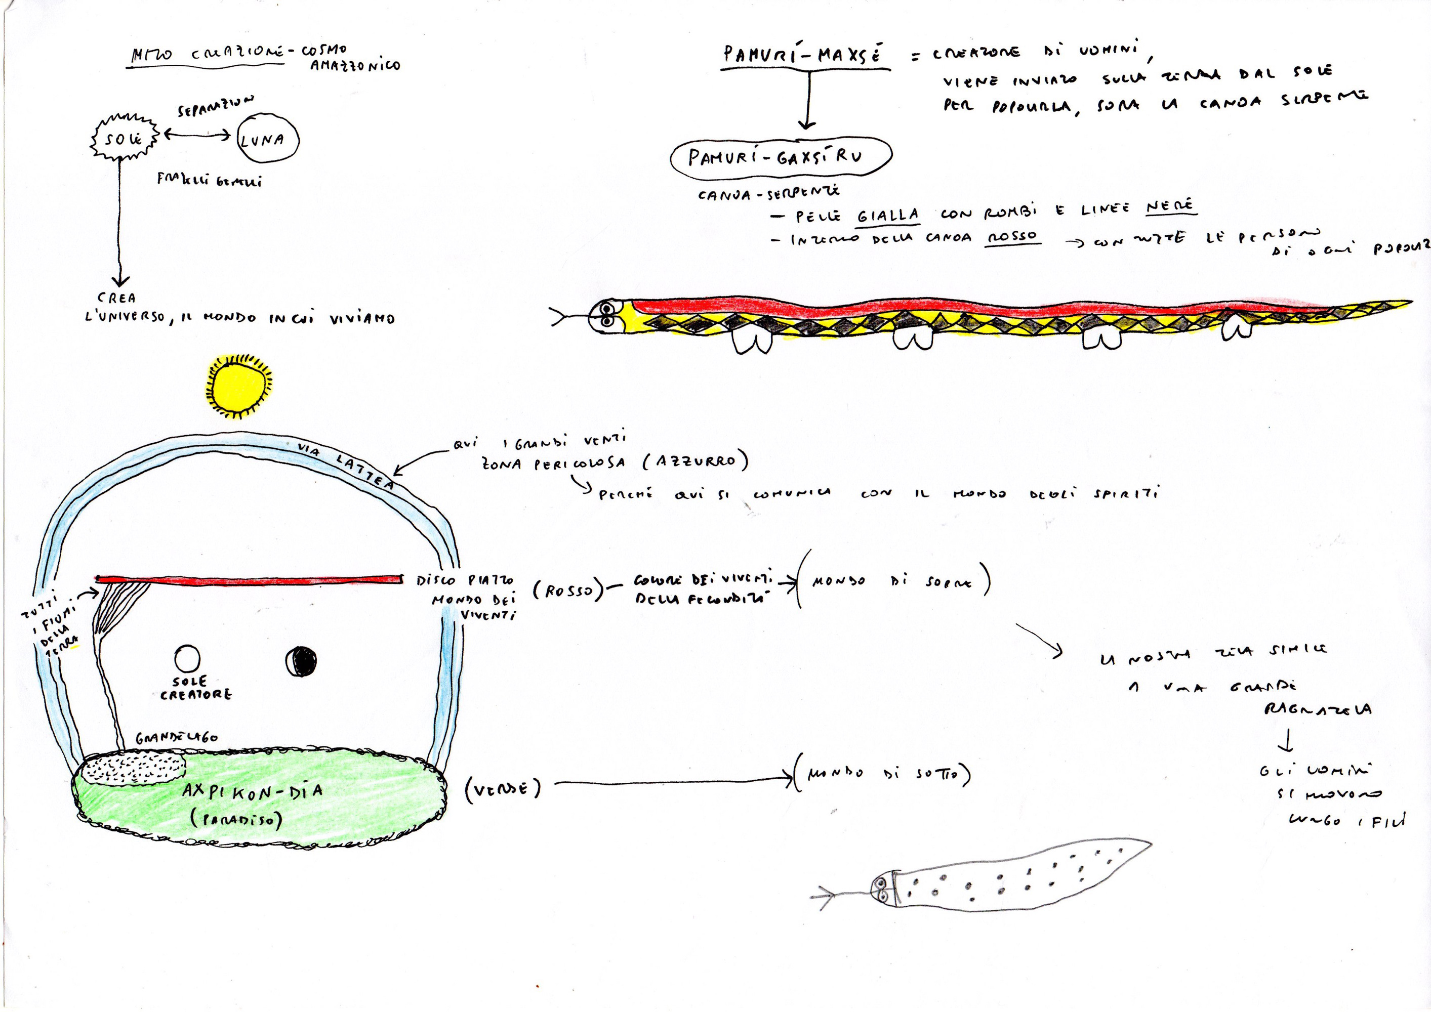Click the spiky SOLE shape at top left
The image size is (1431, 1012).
(123, 138)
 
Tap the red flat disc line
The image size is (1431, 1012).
(250, 579)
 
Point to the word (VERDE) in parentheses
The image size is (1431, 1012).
(502, 789)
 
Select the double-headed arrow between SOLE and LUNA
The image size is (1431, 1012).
(197, 134)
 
